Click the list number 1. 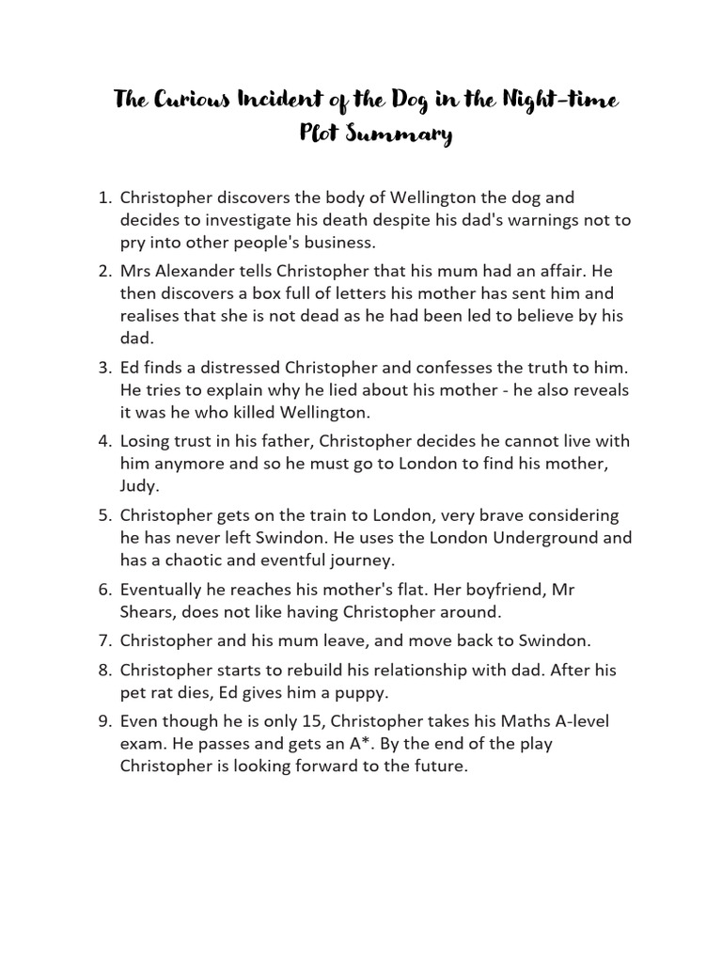[x=104, y=198]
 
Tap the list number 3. [x=104, y=367]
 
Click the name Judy [x=138, y=487]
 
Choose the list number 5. [x=104, y=515]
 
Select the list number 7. [x=104, y=641]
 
